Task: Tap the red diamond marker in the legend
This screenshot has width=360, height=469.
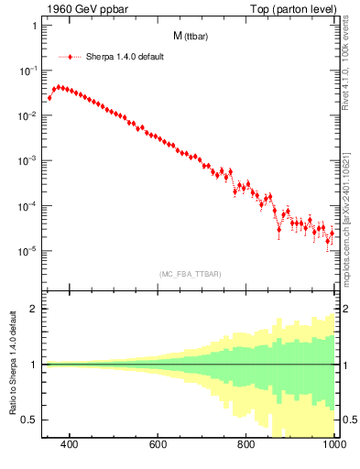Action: [71, 56]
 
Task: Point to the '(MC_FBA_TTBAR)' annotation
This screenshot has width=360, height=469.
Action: [190, 274]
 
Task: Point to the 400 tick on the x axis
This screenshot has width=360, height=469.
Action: [70, 445]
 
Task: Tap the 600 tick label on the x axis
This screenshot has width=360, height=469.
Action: [158, 445]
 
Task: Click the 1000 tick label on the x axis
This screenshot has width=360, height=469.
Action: [333, 445]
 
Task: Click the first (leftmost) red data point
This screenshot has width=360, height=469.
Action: [49, 97]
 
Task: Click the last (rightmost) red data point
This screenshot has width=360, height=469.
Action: [332, 233]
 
